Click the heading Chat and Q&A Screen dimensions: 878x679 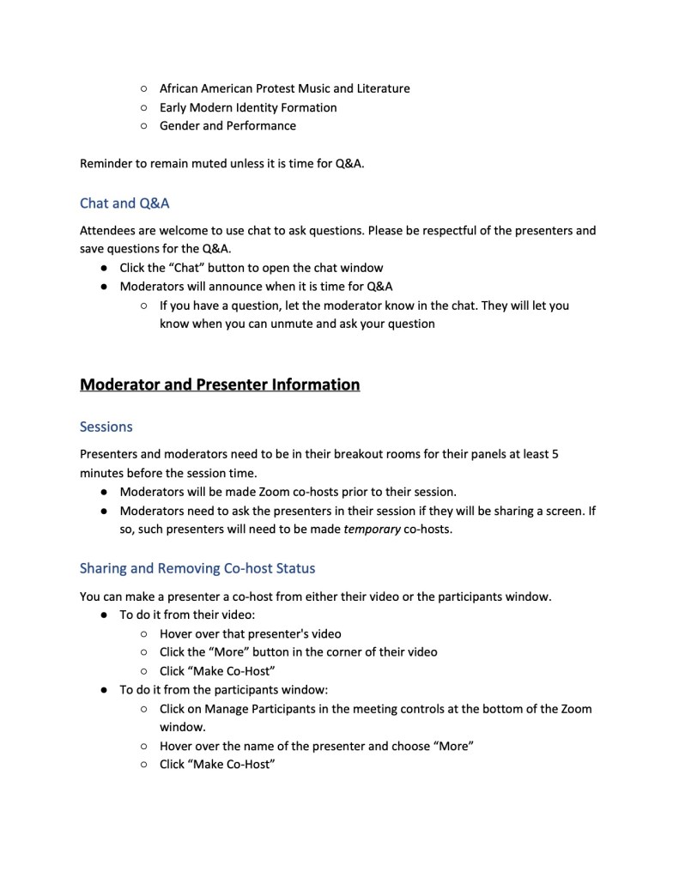124,203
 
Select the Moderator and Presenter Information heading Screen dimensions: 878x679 219,385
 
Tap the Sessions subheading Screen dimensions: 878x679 106,427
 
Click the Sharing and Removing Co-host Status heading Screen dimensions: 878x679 197,568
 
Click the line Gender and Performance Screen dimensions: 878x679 227,126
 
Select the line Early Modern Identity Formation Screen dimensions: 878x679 248,107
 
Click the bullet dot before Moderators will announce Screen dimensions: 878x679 103,287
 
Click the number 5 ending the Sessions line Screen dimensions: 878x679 555,454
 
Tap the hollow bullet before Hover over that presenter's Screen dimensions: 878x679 143,634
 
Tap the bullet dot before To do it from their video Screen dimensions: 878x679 103,615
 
